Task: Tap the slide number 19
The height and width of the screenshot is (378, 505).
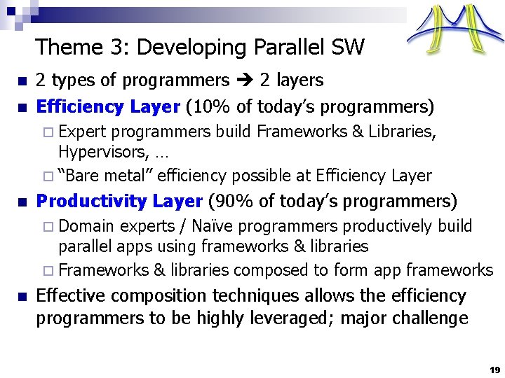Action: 494,369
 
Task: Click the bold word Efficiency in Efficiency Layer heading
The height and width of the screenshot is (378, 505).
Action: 80,107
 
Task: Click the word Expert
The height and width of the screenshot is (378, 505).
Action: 83,131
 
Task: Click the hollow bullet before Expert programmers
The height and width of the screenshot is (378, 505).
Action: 48,132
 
